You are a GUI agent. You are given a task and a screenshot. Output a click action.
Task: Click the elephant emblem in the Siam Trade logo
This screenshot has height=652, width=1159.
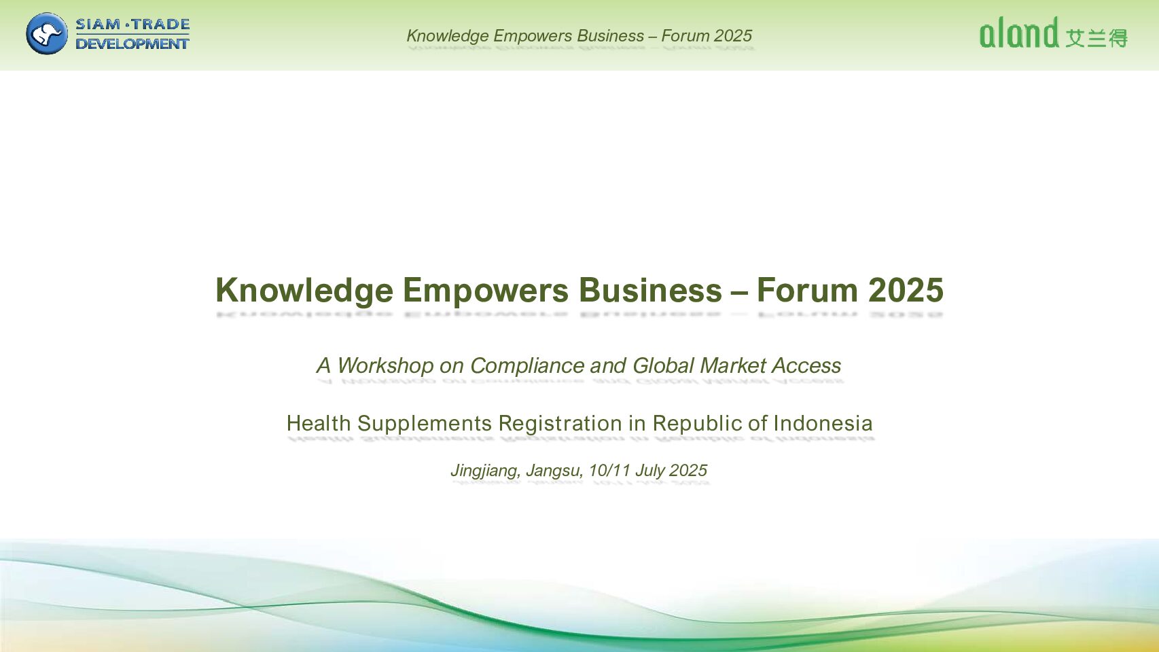(x=47, y=34)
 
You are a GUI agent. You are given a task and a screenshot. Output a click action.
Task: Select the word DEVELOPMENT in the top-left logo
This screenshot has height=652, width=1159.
(x=132, y=43)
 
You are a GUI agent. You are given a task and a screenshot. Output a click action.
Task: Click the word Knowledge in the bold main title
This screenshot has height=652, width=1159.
(x=304, y=291)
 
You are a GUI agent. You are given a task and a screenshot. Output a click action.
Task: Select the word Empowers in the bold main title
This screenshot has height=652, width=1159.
(x=485, y=291)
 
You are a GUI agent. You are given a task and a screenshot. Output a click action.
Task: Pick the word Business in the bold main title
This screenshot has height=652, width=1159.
(x=650, y=290)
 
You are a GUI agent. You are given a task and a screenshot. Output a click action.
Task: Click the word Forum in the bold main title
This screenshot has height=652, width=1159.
(x=807, y=290)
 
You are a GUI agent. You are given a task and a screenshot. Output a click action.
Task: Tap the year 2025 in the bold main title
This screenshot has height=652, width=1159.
(x=906, y=290)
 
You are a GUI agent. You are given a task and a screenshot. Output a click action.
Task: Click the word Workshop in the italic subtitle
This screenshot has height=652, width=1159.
(x=385, y=366)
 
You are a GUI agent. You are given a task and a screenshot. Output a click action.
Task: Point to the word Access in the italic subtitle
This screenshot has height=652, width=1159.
(x=806, y=366)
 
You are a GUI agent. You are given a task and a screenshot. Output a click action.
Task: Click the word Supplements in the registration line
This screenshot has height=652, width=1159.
(x=425, y=424)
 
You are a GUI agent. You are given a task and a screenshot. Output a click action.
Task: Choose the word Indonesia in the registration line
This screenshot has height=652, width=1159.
(x=823, y=423)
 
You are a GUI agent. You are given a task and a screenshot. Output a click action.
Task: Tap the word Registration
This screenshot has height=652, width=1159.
(x=560, y=424)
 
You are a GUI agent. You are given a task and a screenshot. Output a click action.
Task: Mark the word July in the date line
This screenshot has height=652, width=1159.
(x=650, y=471)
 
